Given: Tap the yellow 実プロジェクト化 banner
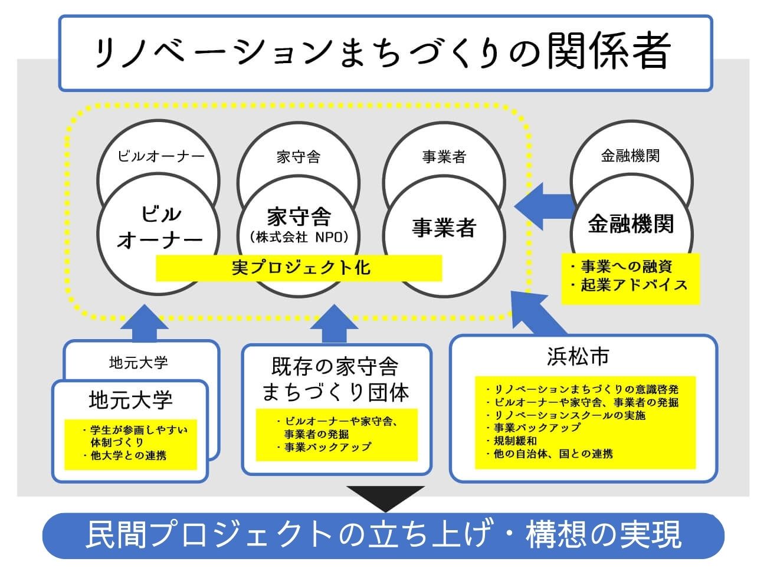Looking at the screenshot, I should click(x=299, y=268).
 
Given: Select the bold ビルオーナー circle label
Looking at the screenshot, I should click(x=159, y=227).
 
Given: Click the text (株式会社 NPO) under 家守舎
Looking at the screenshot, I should click(x=299, y=238).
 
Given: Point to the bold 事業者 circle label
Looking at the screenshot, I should click(x=444, y=228).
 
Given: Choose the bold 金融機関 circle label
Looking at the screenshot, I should click(x=631, y=224).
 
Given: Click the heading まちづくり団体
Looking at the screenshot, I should click(x=336, y=392).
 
